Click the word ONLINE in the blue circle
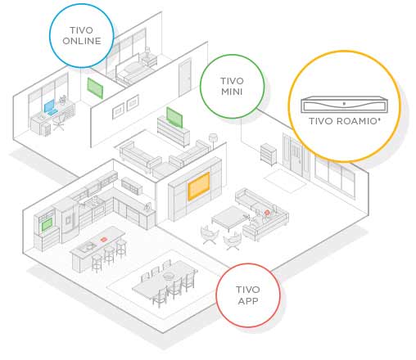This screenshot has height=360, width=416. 82,41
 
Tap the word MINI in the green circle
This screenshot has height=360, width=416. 232,92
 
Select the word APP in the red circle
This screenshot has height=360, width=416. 248,301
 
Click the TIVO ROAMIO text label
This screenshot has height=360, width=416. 345,121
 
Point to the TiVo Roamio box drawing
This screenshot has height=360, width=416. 344,105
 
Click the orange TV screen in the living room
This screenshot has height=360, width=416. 199,186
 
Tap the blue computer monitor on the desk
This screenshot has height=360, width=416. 49,106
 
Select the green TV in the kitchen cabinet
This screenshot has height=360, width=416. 47,225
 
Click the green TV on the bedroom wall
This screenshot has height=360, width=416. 95,88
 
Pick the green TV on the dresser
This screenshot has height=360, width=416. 174,118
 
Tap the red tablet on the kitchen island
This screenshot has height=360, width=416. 103,240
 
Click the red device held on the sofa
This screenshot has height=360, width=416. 267,212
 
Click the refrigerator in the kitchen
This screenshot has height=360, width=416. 66,220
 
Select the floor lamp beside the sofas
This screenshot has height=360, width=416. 213,142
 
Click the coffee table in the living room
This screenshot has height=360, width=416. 229,218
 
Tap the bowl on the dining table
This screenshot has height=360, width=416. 169,276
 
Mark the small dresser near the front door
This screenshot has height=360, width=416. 269,154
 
